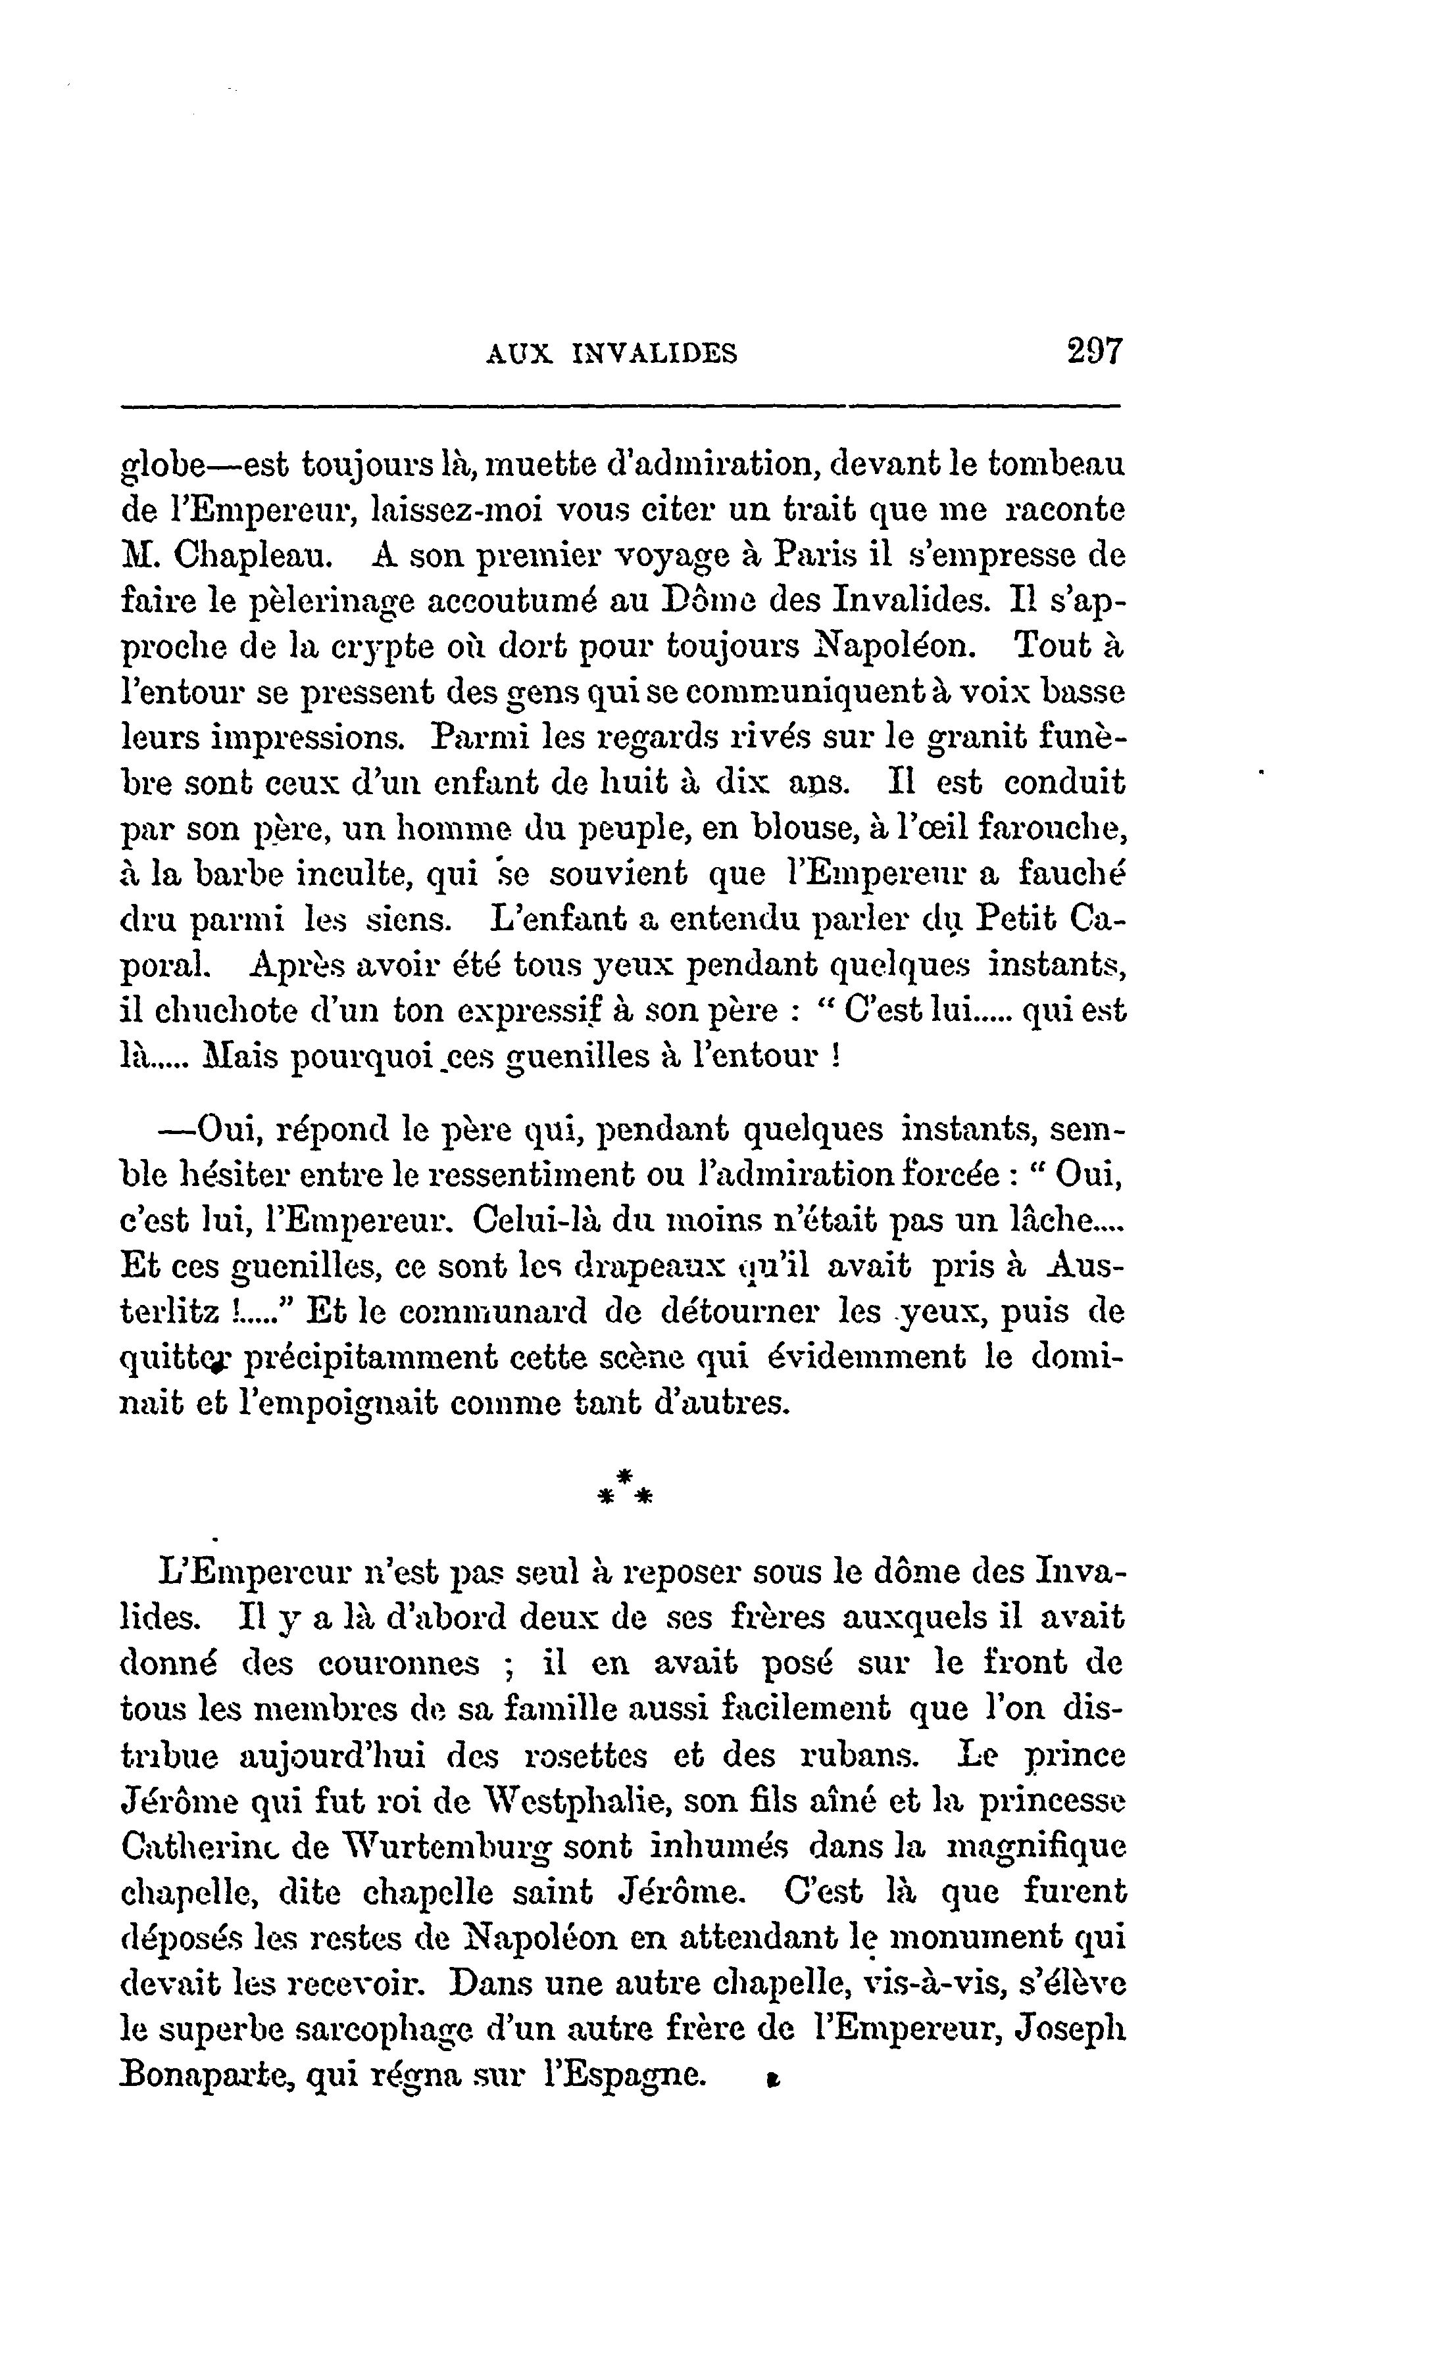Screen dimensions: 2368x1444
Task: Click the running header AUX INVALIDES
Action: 611,354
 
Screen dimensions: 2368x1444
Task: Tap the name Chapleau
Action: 250,556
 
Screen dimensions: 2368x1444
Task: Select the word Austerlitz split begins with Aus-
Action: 1084,1266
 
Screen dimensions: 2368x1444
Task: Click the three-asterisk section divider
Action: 624,1486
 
